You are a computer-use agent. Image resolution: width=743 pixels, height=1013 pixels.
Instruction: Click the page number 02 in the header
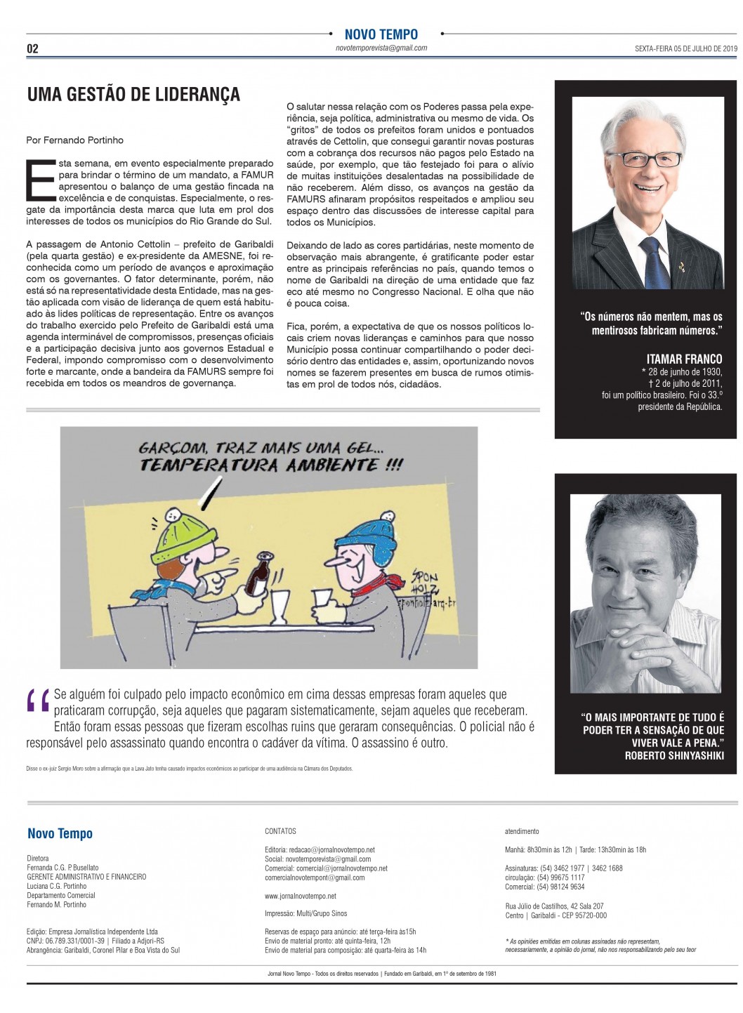32,49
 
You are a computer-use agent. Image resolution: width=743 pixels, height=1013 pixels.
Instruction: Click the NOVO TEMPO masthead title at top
381,34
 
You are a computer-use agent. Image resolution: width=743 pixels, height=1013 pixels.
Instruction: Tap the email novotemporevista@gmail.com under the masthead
381,48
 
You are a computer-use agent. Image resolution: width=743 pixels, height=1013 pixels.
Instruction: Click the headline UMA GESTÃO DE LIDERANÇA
133,95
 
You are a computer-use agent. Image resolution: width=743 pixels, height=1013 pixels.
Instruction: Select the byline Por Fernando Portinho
74,140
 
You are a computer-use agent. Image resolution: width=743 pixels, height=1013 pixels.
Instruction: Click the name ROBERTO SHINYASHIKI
673,755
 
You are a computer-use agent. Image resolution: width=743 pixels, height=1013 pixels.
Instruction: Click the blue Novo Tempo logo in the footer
60,834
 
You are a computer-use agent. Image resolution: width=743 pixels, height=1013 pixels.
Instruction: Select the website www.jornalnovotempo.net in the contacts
300,896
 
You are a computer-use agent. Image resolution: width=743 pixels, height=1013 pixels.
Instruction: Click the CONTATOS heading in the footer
280,831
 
